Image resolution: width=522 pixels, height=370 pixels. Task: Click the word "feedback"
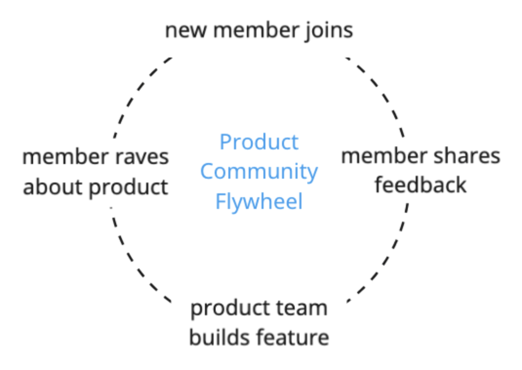[x=420, y=185]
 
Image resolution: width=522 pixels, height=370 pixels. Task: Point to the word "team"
[x=304, y=308]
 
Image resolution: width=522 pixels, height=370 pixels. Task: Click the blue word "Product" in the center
[x=259, y=142]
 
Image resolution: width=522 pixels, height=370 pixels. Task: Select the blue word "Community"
[x=259, y=172]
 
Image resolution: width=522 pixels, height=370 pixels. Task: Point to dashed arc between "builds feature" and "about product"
[x=134, y=264]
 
